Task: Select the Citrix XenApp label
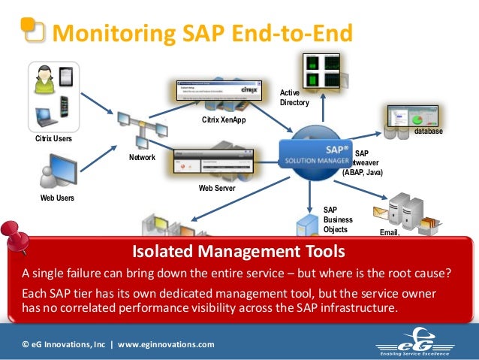224,120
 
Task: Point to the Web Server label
217,188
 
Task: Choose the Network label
142,158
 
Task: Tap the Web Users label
56,198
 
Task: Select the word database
428,132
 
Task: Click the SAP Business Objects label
337,219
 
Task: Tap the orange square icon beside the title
32,29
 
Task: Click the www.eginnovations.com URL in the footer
165,344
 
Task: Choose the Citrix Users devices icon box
53,95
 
